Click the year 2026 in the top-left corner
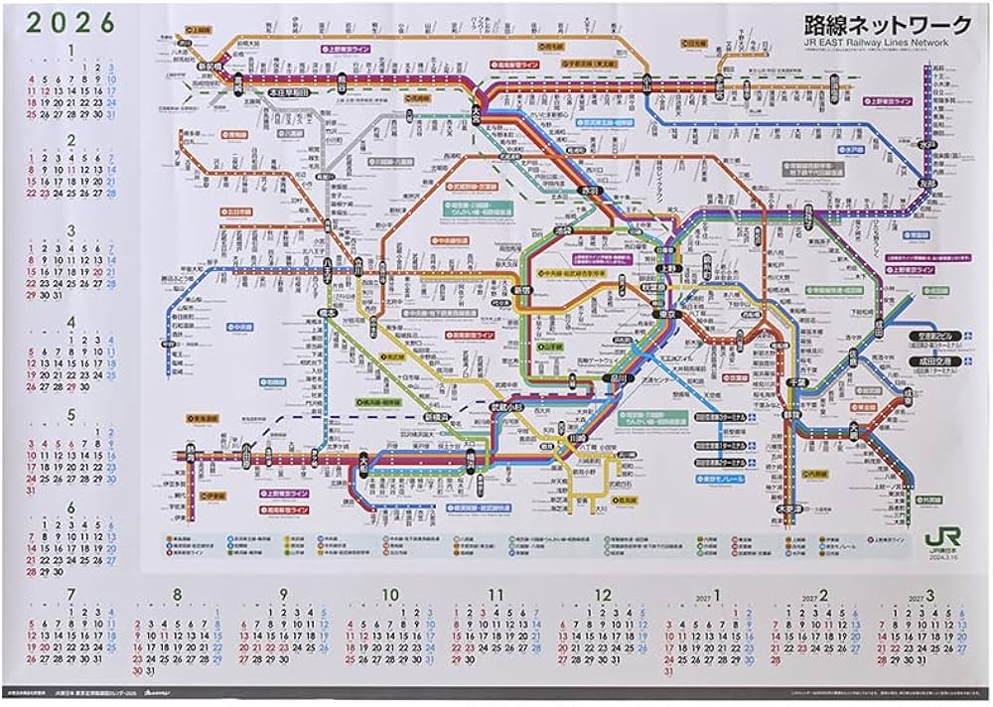point(70,21)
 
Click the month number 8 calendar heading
point(177,596)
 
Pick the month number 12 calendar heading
point(603,596)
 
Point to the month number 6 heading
point(70,507)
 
